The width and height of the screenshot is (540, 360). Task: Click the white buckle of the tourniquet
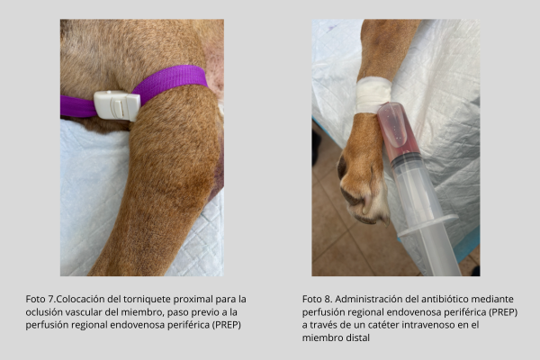pos(117,106)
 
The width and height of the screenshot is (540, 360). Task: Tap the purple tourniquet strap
pos(169,81)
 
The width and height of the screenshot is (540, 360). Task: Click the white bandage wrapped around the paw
pos(373,95)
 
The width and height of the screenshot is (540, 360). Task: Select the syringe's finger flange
pos(428,226)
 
